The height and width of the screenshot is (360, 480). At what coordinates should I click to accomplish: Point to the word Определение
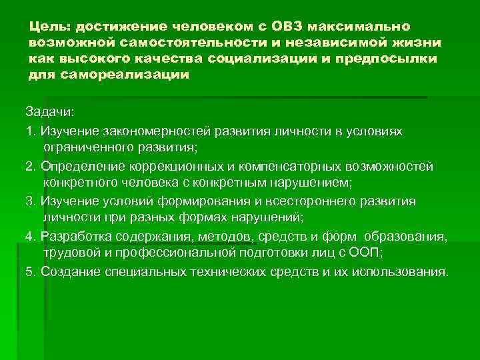pyautogui.click(x=79, y=165)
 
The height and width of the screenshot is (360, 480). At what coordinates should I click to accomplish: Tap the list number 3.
pyautogui.click(x=29, y=201)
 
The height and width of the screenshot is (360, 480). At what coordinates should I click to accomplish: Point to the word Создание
pyautogui.click(x=68, y=272)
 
